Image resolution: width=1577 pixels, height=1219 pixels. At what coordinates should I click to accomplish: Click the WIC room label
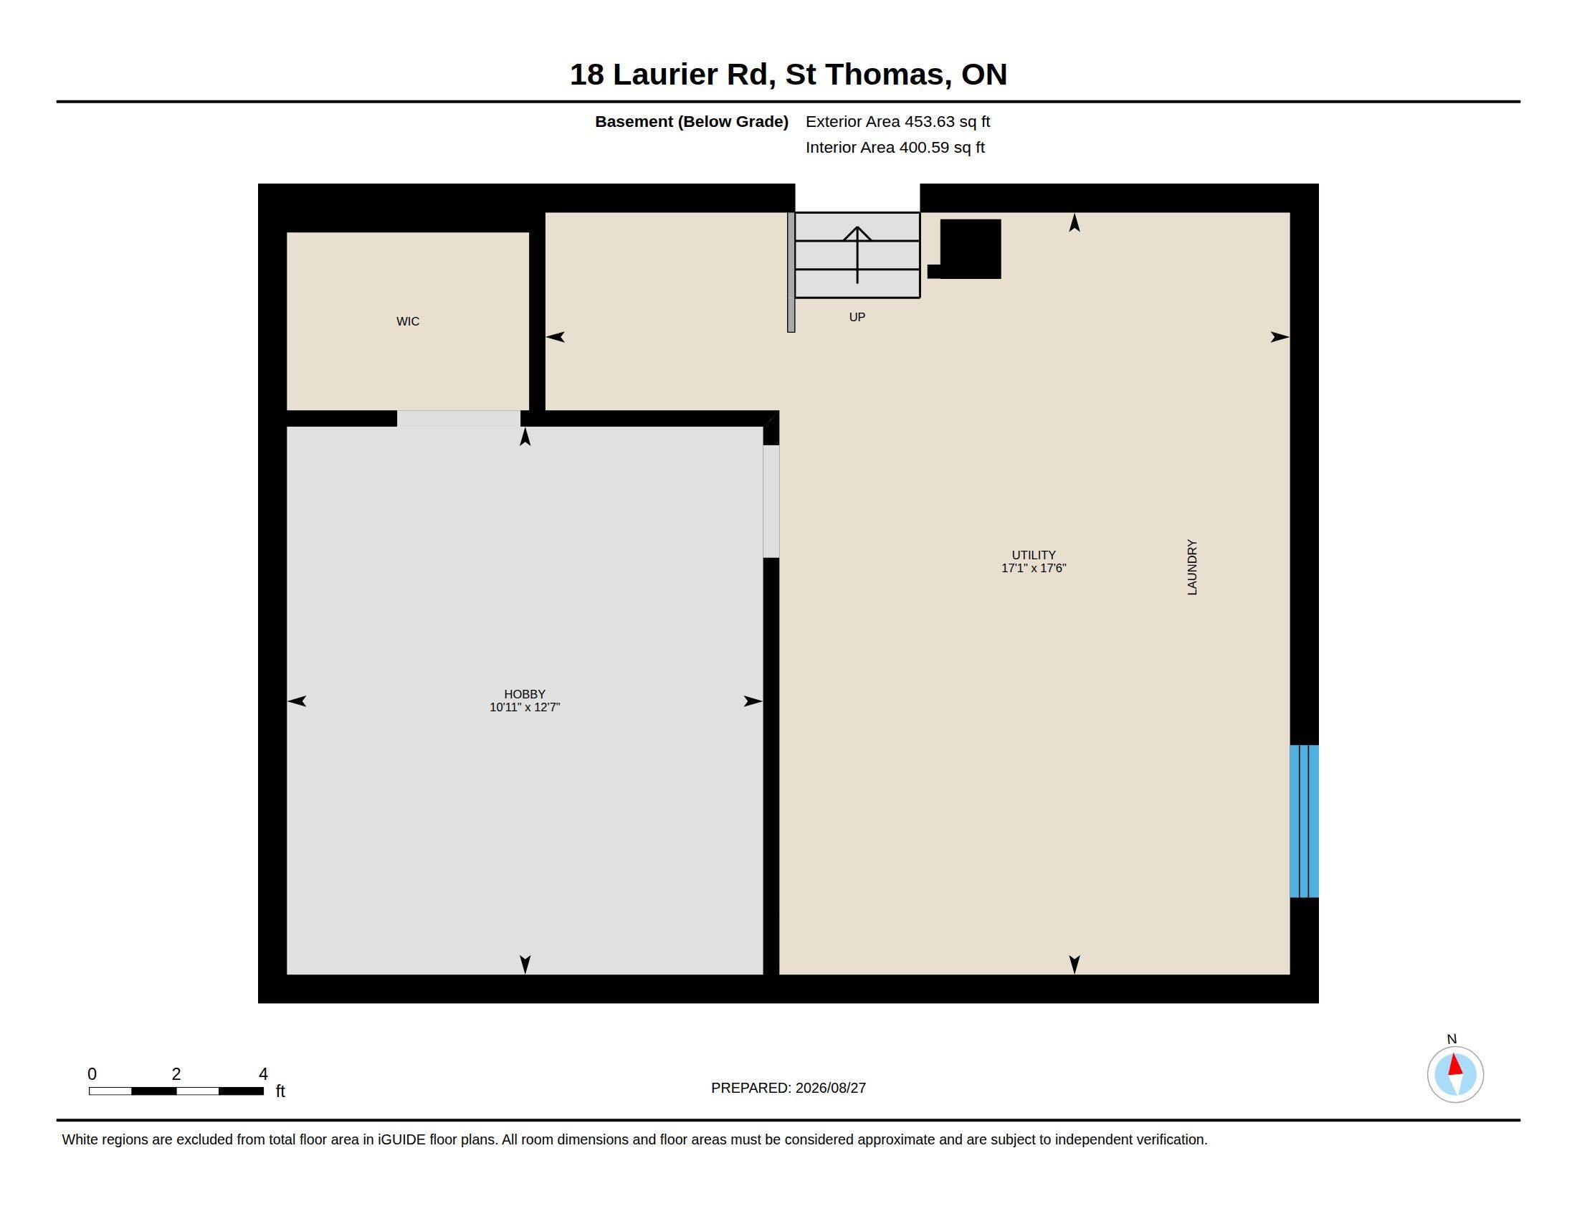click(x=407, y=321)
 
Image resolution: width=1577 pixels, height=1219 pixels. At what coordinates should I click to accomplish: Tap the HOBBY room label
click(x=524, y=694)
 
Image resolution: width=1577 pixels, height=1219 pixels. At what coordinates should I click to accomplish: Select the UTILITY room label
click(x=1033, y=555)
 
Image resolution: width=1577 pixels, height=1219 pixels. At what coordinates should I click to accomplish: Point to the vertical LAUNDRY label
click(x=1192, y=567)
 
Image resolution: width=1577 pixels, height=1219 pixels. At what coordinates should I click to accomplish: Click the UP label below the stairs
click(x=857, y=317)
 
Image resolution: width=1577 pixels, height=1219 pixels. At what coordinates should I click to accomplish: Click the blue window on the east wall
click(x=1304, y=821)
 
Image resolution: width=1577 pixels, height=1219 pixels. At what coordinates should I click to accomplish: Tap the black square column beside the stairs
click(x=970, y=248)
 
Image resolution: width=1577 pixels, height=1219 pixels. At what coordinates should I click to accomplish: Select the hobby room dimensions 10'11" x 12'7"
click(x=525, y=708)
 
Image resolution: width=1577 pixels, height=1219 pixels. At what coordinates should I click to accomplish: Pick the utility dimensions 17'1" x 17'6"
click(x=1033, y=569)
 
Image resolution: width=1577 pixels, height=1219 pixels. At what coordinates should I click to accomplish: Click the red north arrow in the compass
click(x=1455, y=1064)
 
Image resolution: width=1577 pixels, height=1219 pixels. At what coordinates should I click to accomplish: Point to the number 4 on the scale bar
click(x=263, y=1074)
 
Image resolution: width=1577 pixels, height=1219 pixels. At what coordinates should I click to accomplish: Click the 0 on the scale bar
click(x=92, y=1074)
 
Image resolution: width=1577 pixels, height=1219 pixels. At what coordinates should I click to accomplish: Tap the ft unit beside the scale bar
click(x=280, y=1091)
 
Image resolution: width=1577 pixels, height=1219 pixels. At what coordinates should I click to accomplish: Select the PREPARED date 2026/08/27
click(x=830, y=1088)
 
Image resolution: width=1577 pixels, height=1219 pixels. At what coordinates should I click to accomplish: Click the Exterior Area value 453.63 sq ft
click(x=948, y=121)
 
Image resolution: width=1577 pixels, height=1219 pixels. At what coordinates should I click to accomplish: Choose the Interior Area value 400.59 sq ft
click(x=942, y=147)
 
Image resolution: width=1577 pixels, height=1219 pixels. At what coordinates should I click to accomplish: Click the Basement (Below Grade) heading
click(x=691, y=121)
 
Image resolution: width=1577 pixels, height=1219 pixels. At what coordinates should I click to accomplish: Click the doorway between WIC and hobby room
click(x=459, y=419)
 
